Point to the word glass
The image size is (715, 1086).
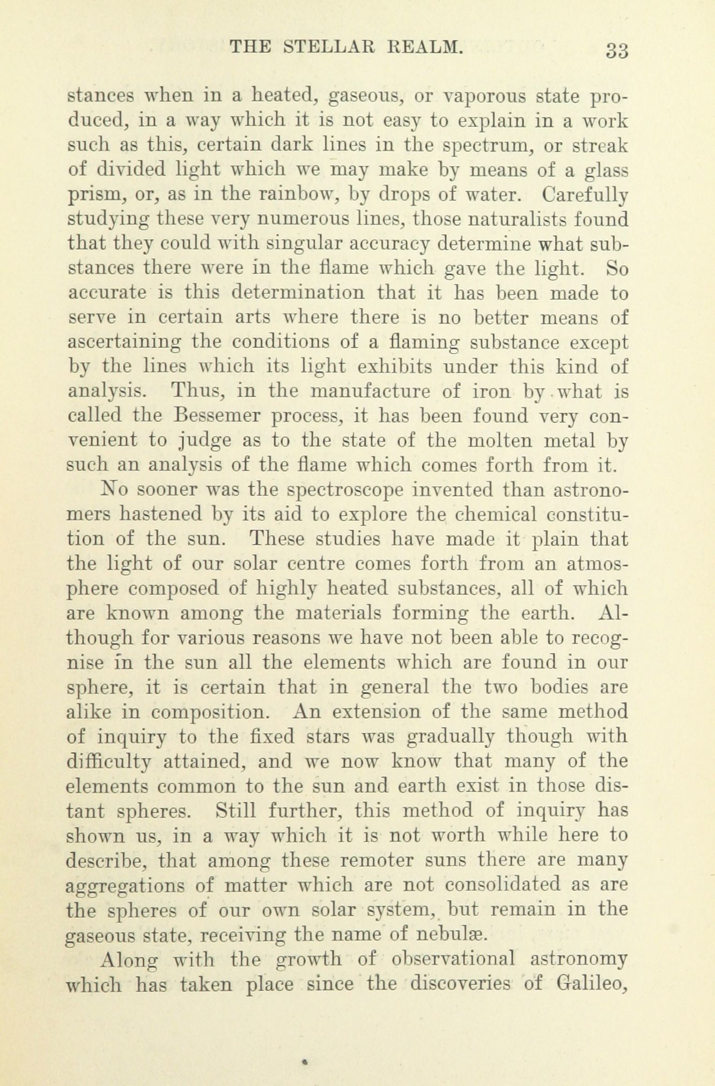606,169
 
